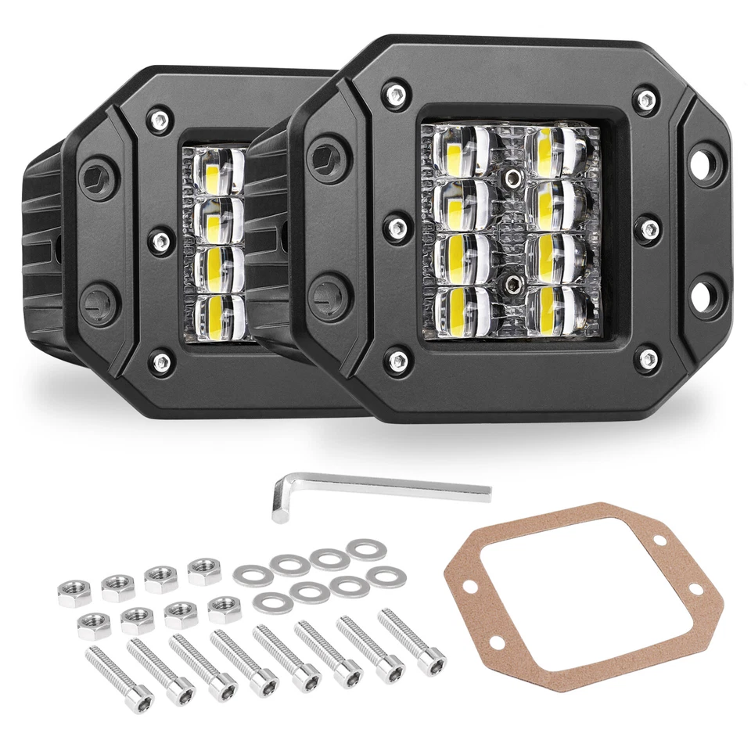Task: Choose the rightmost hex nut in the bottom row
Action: [225, 608]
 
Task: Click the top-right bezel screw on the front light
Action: [647, 99]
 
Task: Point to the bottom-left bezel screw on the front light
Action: [398, 361]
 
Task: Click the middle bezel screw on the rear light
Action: [160, 239]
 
